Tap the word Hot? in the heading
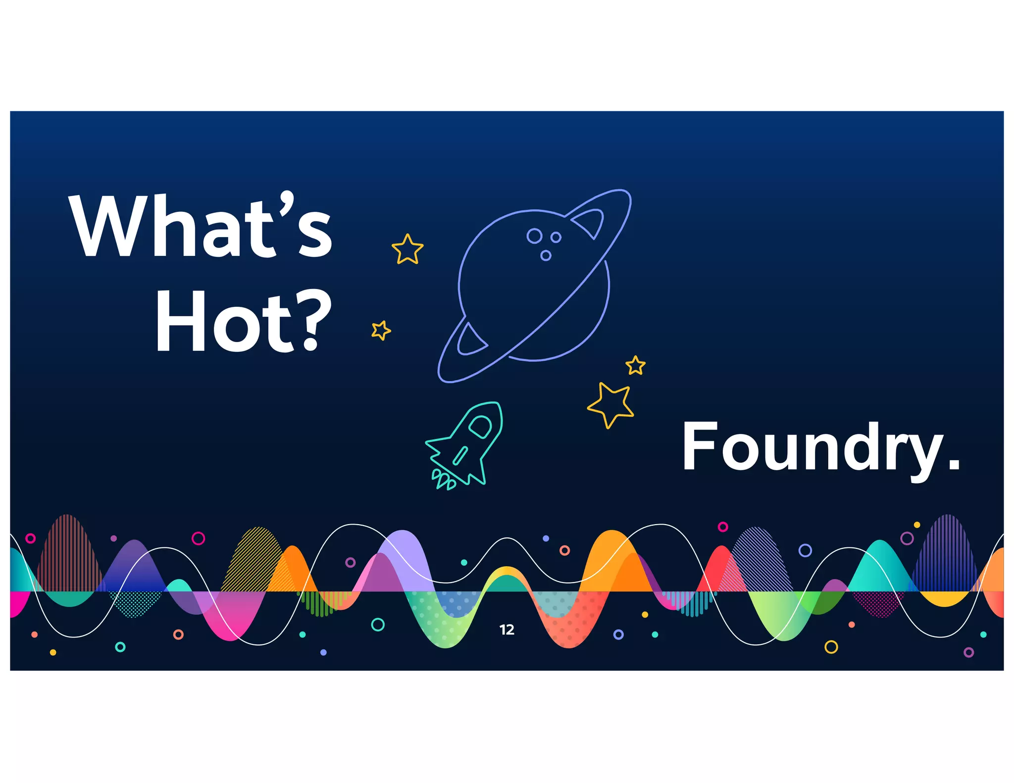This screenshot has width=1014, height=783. [x=243, y=320]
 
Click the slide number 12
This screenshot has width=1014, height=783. [x=507, y=630]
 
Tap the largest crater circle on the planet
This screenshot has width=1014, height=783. [x=534, y=236]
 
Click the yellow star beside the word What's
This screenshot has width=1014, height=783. [x=407, y=249]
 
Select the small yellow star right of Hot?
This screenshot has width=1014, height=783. [x=381, y=330]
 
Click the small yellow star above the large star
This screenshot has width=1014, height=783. [x=636, y=365]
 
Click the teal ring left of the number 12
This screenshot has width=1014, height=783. [x=378, y=625]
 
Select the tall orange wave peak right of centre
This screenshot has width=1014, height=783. [x=611, y=549]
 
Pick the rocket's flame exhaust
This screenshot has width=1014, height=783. [x=444, y=479]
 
